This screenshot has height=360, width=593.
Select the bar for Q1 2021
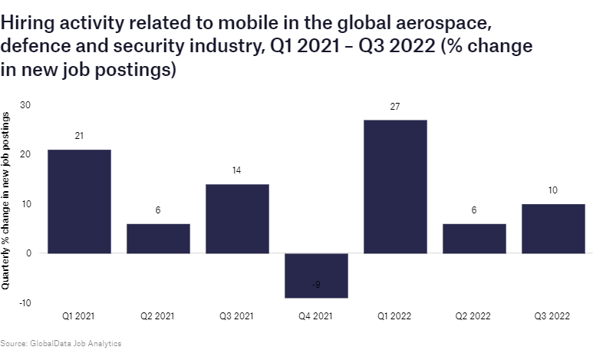79,201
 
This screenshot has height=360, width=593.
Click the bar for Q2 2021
158,238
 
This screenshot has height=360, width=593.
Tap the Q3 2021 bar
237,218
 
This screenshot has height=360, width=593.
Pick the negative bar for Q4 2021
316,275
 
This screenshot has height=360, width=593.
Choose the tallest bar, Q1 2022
395,187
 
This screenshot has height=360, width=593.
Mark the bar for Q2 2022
474,238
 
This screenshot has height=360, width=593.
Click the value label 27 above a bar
395,107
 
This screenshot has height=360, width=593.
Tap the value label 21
79,136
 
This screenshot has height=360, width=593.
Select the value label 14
237,171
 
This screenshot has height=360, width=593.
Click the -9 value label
316,286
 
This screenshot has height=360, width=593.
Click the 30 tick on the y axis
25,104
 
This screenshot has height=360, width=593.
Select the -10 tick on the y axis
25,302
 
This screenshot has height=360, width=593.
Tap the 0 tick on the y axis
28,253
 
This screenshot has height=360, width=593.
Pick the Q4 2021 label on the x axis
316,315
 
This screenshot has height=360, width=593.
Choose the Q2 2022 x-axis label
474,315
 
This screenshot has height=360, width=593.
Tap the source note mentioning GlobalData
61,343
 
